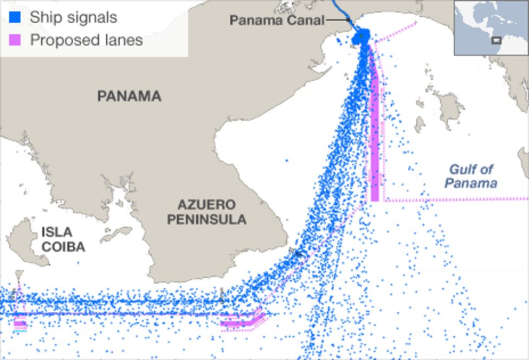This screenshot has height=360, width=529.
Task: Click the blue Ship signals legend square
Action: coord(16,17)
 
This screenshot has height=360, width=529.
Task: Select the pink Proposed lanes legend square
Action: coord(16,40)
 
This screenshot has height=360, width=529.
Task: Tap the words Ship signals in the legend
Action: coord(73,17)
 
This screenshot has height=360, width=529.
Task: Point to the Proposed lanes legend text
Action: coord(86,40)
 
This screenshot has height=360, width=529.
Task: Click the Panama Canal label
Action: coord(277,21)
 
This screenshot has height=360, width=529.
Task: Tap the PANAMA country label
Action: coord(129,97)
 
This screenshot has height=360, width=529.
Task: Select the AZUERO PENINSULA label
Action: coord(206,212)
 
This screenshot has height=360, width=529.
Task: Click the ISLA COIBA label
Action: coord(63,240)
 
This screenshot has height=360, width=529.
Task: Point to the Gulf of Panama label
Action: coord(470,176)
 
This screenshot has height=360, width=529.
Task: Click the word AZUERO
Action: coord(207,205)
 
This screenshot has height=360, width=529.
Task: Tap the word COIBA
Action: coord(63,247)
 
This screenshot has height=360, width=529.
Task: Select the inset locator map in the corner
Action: coord(491,28)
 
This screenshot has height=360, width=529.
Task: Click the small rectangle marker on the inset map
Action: coord(496,40)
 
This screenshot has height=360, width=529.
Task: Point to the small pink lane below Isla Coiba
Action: coord(20,324)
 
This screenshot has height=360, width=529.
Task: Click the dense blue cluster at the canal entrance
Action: coord(361,37)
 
